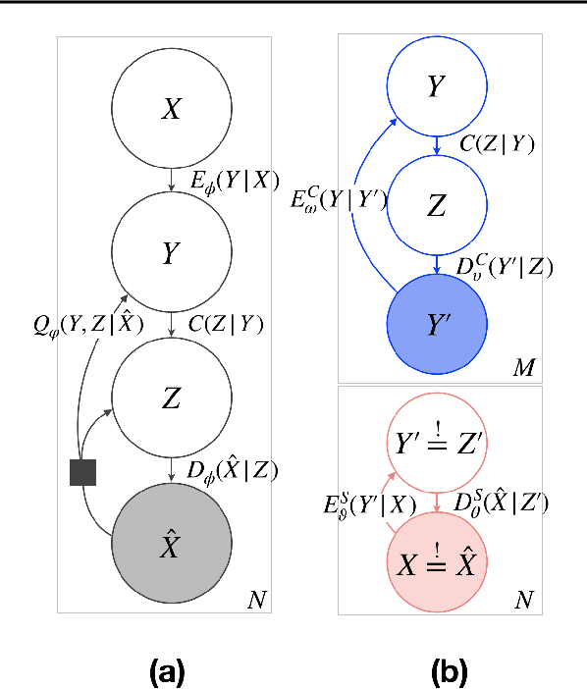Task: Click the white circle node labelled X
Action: click(172, 108)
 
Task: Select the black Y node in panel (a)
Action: click(172, 252)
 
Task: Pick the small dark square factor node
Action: click(82, 471)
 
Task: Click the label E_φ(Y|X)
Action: click(227, 180)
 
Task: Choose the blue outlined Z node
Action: click(436, 207)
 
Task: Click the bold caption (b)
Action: click(451, 671)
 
